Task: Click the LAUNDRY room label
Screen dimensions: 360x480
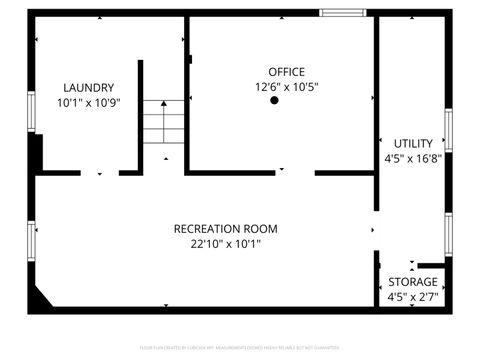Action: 88,87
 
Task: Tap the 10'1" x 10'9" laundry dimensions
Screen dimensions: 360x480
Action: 88,102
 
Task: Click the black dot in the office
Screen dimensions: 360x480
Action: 273,100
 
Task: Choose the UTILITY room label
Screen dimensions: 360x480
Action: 413,143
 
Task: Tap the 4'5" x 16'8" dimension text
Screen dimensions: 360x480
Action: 413,157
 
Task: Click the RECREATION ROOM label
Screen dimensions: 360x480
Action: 225,228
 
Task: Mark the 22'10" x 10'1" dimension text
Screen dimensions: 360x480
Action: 225,243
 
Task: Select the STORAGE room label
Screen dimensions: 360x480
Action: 413,281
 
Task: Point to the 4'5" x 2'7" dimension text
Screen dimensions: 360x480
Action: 413,296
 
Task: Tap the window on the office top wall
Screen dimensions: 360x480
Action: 342,12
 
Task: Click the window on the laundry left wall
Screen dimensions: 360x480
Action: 31,115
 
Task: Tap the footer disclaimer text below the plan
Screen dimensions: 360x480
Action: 240,347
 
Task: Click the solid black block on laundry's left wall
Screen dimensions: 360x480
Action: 36,154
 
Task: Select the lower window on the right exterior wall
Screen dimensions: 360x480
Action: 449,233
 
